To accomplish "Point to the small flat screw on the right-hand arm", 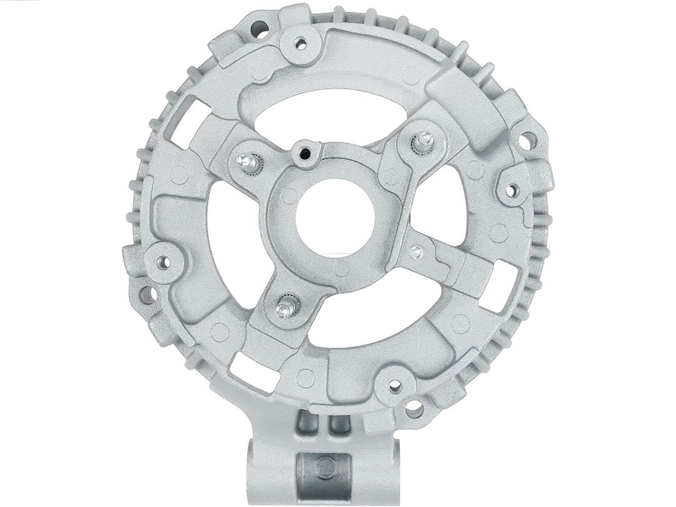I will [417, 252].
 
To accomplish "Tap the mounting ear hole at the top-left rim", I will [258, 28].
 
